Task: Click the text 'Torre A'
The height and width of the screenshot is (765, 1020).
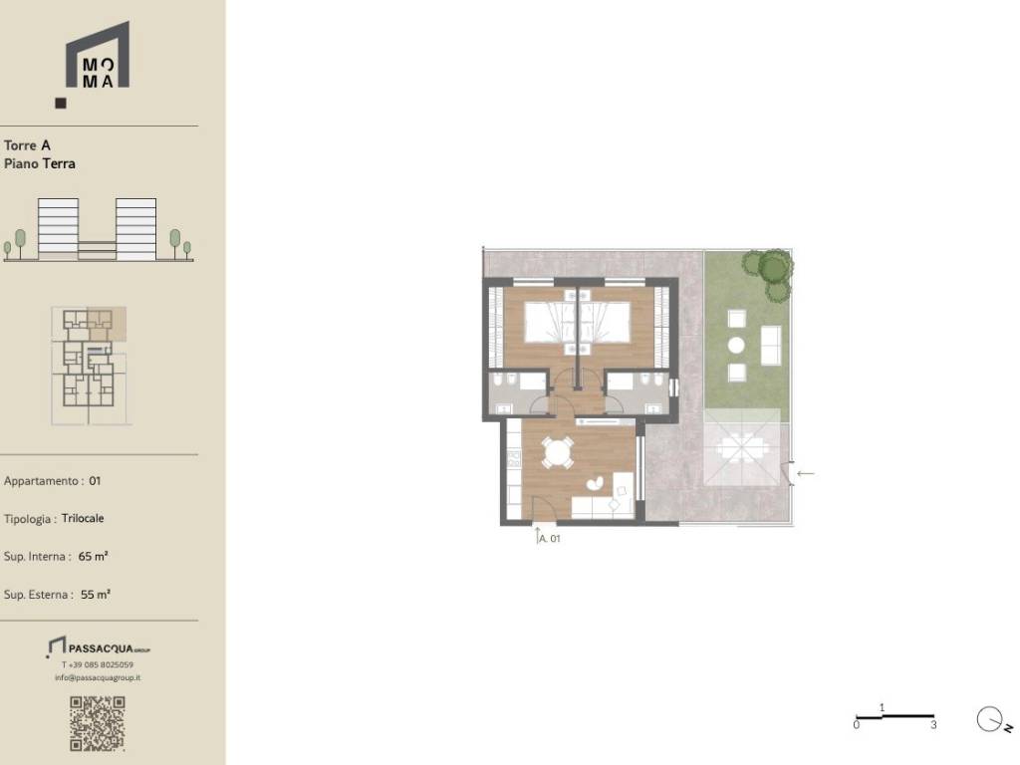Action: click(x=27, y=145)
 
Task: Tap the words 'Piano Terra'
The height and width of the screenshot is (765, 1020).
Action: click(x=40, y=163)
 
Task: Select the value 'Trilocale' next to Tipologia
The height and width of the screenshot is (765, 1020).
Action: click(x=83, y=518)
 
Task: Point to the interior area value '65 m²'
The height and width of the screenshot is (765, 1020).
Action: click(x=93, y=556)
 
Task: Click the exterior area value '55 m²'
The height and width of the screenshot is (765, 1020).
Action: click(x=96, y=595)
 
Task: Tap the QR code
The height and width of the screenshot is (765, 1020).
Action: click(x=98, y=723)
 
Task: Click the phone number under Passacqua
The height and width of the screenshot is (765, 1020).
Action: click(x=98, y=664)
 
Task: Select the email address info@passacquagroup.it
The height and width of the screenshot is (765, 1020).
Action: click(x=98, y=677)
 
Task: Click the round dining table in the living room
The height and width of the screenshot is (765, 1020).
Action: click(x=558, y=452)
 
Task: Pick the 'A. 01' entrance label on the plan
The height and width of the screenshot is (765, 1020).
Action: click(x=549, y=538)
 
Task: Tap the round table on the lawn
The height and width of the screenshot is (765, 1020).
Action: click(x=736, y=345)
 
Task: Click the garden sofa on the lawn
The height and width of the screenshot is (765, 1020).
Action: click(x=771, y=345)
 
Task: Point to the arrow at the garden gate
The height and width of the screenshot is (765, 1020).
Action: click(x=805, y=473)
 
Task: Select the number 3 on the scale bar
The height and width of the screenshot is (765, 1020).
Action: click(x=933, y=725)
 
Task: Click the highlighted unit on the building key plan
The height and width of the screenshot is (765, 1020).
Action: click(x=106, y=324)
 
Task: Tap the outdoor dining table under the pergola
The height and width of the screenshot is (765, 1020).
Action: click(x=742, y=448)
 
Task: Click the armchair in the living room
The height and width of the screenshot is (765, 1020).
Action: click(x=595, y=483)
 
